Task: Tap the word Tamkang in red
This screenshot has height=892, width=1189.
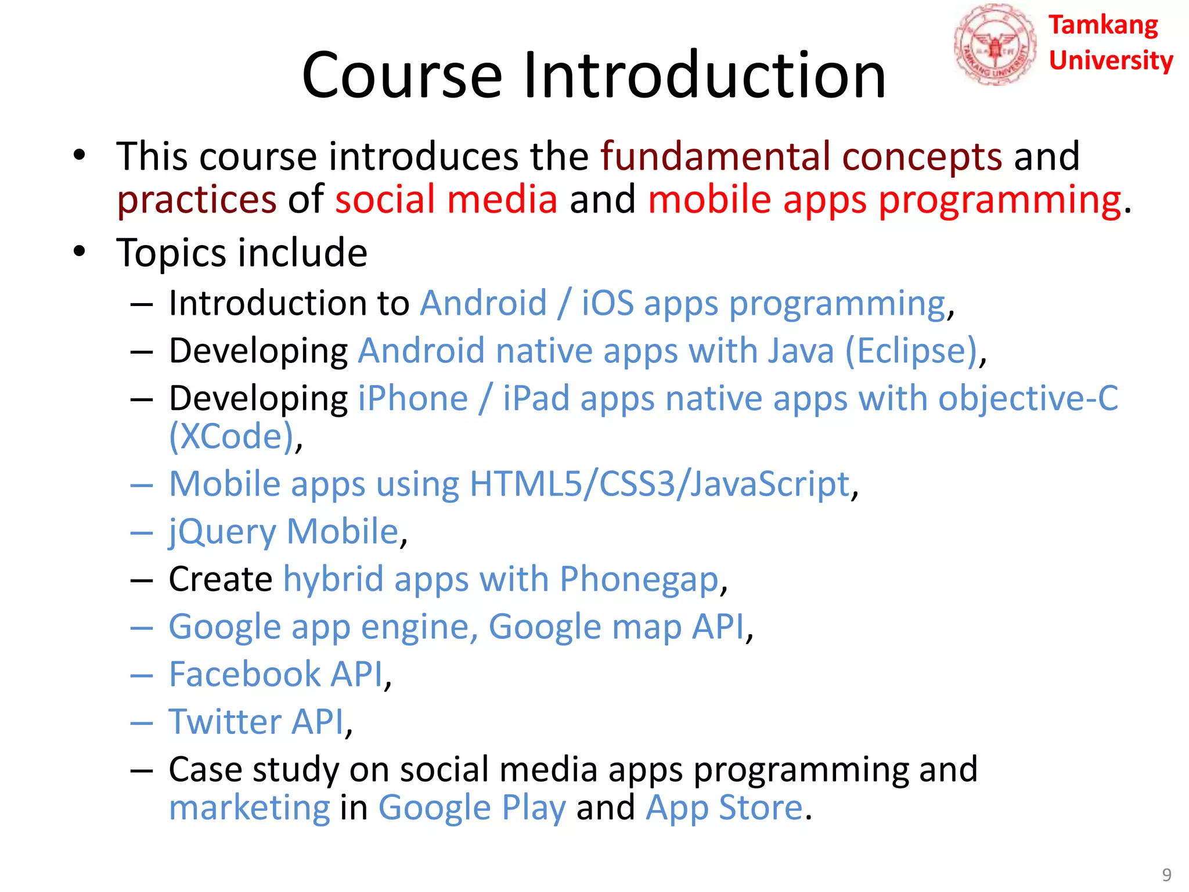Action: tap(1103, 26)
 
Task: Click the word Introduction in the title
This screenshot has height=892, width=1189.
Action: tap(704, 75)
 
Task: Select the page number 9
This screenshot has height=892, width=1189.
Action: tap(1166, 875)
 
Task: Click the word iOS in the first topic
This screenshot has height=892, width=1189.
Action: tap(607, 303)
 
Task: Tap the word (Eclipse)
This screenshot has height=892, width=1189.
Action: tap(911, 351)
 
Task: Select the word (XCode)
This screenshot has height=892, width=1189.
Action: tap(231, 436)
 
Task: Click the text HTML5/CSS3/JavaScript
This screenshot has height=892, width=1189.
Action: tap(660, 484)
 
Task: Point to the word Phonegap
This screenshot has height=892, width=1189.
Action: tap(639, 580)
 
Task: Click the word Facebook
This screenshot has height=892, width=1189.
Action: tap(244, 674)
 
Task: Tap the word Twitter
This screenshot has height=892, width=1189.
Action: tap(224, 722)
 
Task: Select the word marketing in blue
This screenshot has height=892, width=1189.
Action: tap(250, 808)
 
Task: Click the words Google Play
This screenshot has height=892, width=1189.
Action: tap(472, 808)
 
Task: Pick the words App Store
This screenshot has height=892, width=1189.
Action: tap(724, 808)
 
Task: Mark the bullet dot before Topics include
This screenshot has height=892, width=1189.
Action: tap(80, 251)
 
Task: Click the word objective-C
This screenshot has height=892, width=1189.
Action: tap(1028, 399)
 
